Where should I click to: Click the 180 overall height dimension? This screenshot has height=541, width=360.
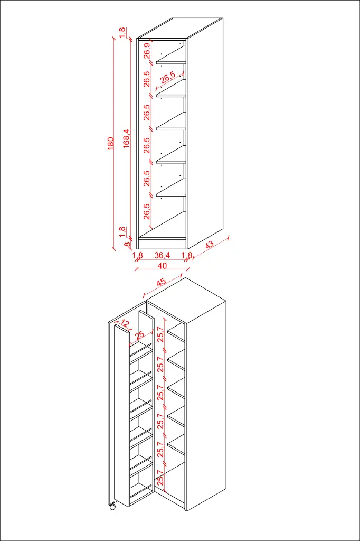click(x=110, y=144)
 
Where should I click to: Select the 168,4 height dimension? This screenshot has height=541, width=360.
click(x=127, y=139)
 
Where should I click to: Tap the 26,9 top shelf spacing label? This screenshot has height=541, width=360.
click(x=147, y=51)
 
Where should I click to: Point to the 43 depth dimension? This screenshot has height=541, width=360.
click(x=210, y=245)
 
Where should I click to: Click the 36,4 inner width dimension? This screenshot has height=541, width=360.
click(x=162, y=255)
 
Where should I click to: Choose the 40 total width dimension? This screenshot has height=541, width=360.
click(x=162, y=266)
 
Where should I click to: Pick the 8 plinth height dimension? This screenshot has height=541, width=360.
click(x=127, y=245)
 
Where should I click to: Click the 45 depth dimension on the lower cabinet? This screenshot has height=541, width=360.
click(x=162, y=283)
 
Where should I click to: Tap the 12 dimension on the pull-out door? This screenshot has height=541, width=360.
click(x=125, y=324)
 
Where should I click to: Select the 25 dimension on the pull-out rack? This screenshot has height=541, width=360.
click(x=140, y=335)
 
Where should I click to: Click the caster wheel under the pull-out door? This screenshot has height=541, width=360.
click(x=112, y=507)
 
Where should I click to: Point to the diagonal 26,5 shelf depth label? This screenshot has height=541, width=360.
click(x=168, y=77)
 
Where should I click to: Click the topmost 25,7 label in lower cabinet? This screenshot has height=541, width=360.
click(x=160, y=334)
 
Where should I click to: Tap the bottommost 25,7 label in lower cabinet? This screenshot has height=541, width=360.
click(x=160, y=478)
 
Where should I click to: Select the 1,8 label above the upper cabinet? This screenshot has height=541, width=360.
click(x=122, y=33)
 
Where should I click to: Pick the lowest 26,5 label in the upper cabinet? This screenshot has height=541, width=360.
click(x=147, y=211)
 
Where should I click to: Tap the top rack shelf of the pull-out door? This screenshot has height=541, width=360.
click(x=140, y=350)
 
